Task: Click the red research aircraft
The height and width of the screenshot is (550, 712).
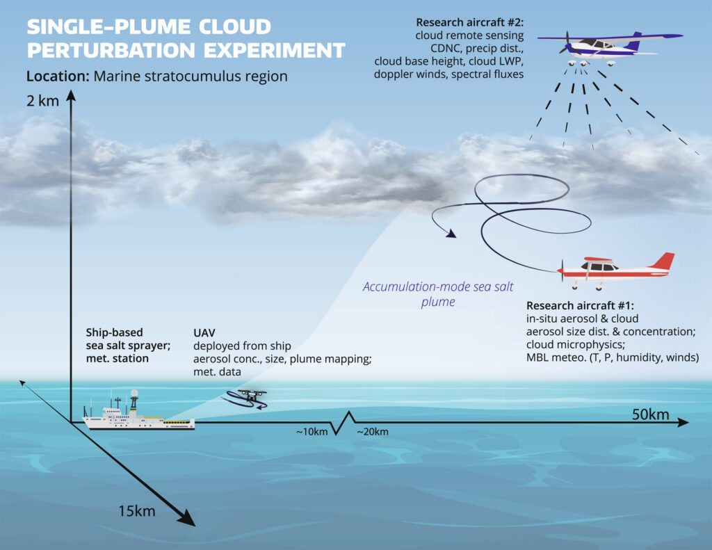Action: [x=615, y=269]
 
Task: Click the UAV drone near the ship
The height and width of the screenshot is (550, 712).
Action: [x=247, y=398]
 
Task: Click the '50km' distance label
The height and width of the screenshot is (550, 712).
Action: [x=650, y=415]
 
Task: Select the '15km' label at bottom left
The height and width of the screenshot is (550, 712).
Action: [x=136, y=512]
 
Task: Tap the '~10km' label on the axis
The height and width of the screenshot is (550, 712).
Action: [x=311, y=432]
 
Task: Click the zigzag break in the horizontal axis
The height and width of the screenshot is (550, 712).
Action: [x=343, y=422]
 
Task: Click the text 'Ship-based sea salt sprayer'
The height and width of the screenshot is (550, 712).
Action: [x=120, y=339]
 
